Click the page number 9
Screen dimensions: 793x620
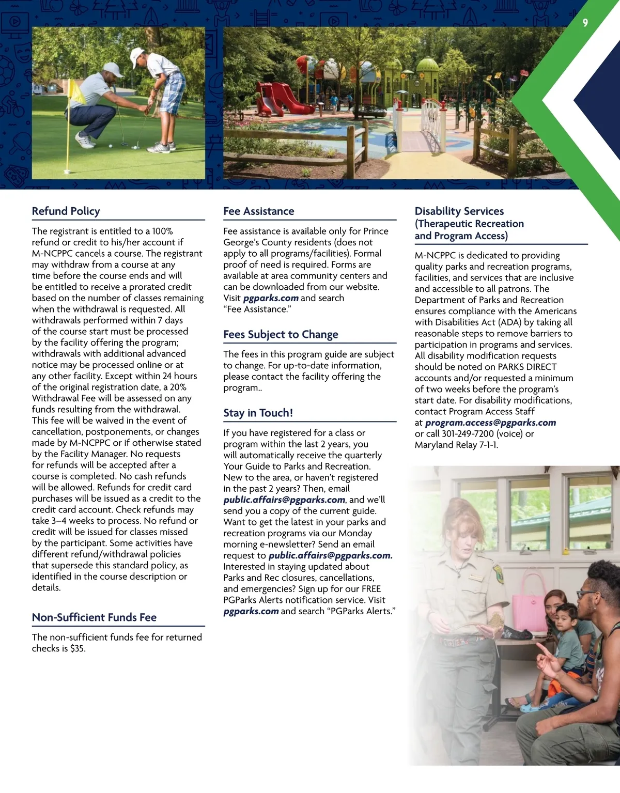[585, 23]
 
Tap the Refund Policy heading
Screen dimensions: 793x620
[66, 211]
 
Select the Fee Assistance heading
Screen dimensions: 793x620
[258, 211]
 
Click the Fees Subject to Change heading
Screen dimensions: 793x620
[281, 335]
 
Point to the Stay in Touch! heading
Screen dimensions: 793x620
[258, 413]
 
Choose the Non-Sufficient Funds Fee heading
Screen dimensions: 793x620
[94, 617]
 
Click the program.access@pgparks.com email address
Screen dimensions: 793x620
[490, 423]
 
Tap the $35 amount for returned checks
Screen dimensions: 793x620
[77, 648]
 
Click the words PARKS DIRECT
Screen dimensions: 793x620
[528, 367]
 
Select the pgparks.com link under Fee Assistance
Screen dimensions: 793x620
[271, 298]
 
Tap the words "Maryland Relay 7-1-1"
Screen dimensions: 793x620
[456, 445]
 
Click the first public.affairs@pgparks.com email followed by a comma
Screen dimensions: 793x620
[284, 500]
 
